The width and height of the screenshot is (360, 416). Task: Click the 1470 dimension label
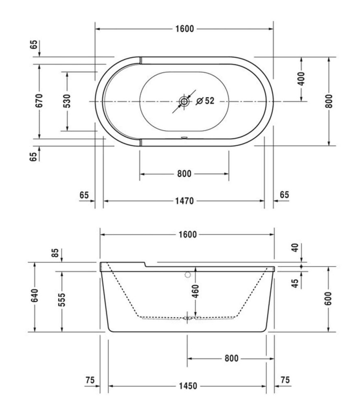coord(184,201)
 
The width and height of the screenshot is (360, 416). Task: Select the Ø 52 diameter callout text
coord(205,101)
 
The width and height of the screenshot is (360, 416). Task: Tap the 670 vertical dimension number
coord(39,101)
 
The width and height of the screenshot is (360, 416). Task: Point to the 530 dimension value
coord(67,101)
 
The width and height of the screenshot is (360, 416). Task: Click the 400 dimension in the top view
coord(301,79)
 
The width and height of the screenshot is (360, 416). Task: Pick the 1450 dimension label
coord(188,386)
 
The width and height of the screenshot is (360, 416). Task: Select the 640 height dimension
coord(35,296)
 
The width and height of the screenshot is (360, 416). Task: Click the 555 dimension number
coord(62,299)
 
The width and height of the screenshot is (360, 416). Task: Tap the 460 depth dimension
coord(195,291)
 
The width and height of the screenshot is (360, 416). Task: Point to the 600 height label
coord(328,298)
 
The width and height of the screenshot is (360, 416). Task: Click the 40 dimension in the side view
coord(295,248)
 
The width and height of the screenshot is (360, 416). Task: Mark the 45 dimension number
coord(295,283)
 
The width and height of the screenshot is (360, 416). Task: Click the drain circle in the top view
coord(184,101)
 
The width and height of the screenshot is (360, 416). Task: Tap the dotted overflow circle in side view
coord(188,275)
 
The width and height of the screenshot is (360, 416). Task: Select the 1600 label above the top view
coord(184,29)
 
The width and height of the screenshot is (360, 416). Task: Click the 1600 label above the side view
coord(188,234)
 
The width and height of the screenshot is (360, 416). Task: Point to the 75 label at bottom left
coord(90,380)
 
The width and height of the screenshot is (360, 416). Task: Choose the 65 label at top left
coord(33,45)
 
